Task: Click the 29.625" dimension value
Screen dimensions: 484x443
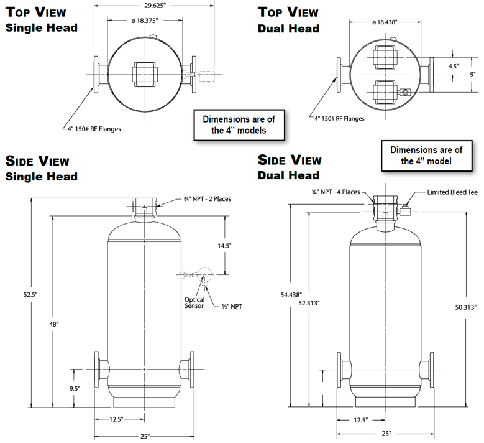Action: [155, 6]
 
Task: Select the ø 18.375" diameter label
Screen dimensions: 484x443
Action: [145, 21]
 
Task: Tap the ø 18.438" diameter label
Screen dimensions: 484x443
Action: [385, 22]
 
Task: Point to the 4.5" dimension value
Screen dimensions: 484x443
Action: [454, 67]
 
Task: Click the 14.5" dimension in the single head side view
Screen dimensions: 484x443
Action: [224, 246]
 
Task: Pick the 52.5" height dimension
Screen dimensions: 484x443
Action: [30, 295]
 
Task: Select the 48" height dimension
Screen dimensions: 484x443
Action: [53, 324]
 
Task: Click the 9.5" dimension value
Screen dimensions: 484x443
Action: [75, 389]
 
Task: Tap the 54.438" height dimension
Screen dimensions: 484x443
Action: [291, 295]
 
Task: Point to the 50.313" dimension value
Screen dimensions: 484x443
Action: [466, 307]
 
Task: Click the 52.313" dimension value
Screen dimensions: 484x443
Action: [309, 303]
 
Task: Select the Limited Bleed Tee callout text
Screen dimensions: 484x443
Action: [452, 192]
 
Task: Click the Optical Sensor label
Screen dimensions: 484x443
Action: [194, 302]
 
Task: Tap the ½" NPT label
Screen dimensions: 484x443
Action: [232, 307]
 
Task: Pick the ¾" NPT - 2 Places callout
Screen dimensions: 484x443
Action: [207, 199]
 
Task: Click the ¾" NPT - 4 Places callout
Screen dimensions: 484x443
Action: [336, 192]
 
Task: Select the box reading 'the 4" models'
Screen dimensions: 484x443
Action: [239, 125]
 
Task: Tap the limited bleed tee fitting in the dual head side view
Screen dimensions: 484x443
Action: [405, 210]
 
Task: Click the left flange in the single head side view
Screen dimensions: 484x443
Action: [97, 369]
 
